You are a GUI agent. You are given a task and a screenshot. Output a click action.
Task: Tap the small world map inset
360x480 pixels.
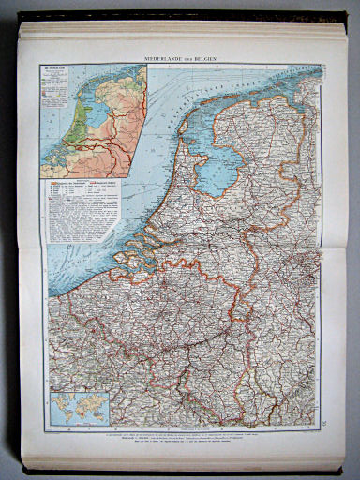point(81,410)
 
